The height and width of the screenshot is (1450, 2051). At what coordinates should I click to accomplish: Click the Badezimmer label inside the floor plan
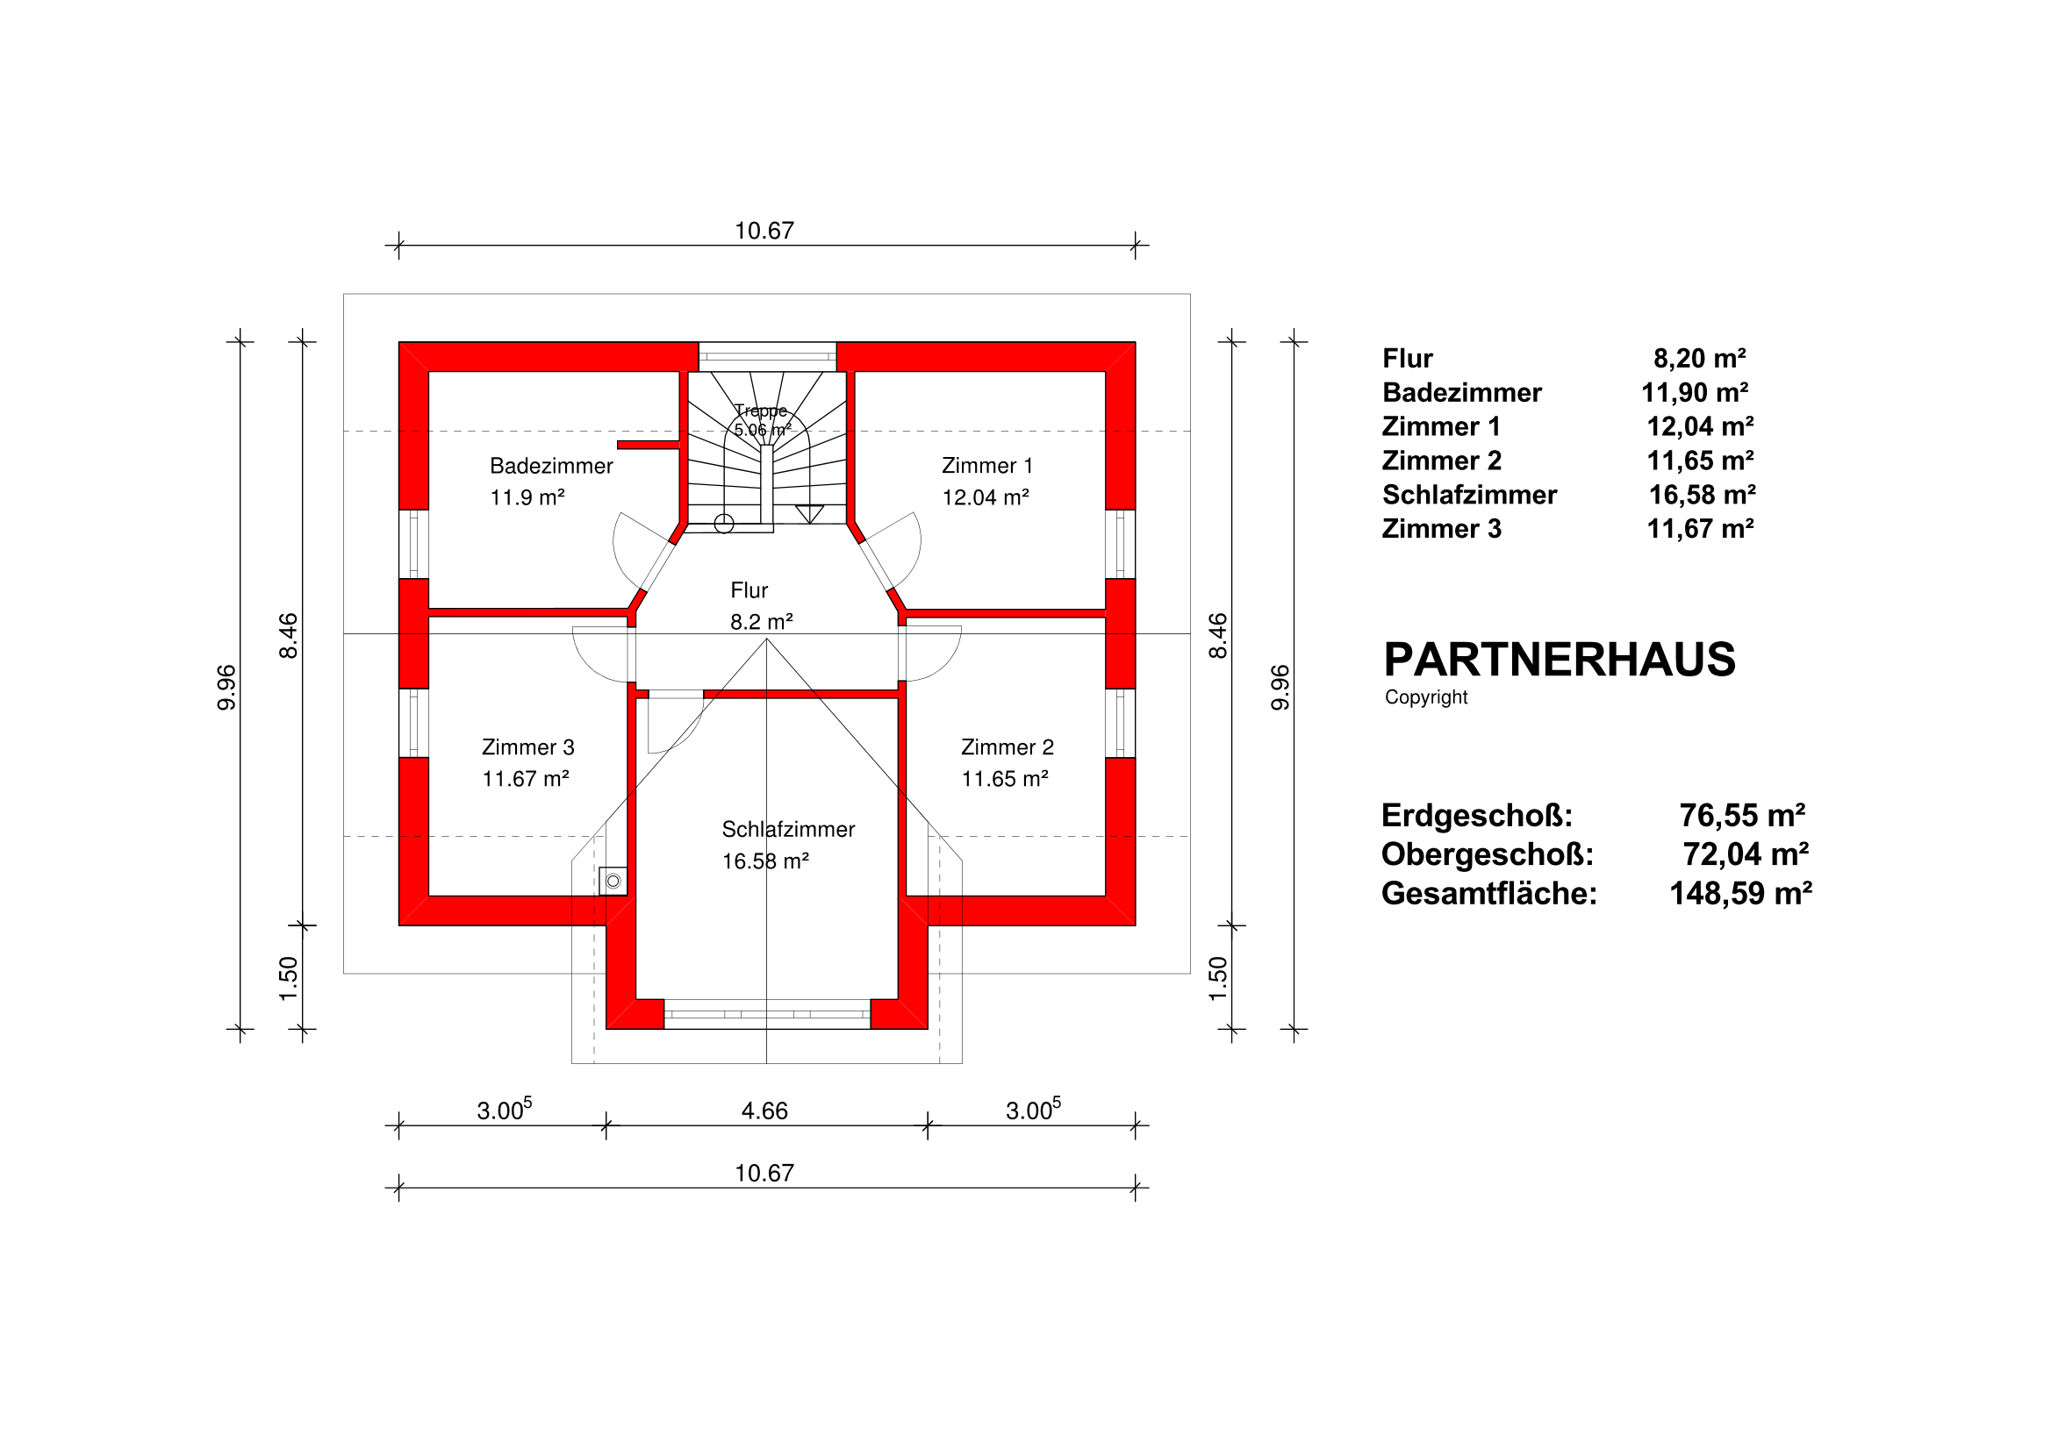point(551,466)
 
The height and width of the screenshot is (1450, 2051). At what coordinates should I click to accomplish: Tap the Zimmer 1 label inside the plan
point(987,466)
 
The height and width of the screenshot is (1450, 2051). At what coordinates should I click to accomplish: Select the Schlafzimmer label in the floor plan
point(788,830)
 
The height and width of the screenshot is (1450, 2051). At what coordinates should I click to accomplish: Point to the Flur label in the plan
point(749,590)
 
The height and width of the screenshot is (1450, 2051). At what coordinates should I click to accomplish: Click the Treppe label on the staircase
point(761,411)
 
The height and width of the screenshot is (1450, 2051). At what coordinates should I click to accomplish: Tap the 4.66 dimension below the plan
point(764,1111)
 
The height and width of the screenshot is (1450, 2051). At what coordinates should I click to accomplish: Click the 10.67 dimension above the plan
point(764,232)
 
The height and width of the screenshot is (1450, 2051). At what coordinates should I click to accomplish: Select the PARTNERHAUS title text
point(1559,660)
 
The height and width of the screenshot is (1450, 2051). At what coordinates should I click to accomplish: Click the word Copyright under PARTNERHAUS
point(1425,697)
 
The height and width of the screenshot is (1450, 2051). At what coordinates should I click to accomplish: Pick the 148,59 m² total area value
point(1740,893)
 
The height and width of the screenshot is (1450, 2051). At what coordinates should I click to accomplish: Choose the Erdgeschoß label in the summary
point(1477,815)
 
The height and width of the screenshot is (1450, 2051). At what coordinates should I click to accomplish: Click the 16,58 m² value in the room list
point(1702,495)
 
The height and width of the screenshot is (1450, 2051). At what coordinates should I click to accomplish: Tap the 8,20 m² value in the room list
point(1699,358)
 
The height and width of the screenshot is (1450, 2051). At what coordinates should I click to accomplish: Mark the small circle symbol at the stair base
point(724,523)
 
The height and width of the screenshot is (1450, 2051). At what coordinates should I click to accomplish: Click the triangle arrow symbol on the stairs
point(809,513)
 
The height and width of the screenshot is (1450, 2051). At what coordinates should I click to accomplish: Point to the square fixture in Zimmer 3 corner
point(613,882)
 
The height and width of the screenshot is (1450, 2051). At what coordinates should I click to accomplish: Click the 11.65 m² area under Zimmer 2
point(1005,779)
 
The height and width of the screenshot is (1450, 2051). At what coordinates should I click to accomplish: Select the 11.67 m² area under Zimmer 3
point(527,779)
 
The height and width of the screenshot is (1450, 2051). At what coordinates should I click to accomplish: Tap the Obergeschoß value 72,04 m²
point(1746,854)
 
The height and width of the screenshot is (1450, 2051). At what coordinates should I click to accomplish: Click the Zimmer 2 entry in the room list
point(1442,461)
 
